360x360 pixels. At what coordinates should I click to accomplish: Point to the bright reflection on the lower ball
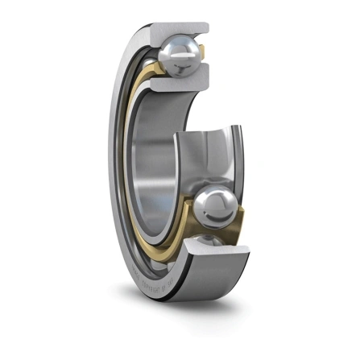[x=222, y=201]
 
